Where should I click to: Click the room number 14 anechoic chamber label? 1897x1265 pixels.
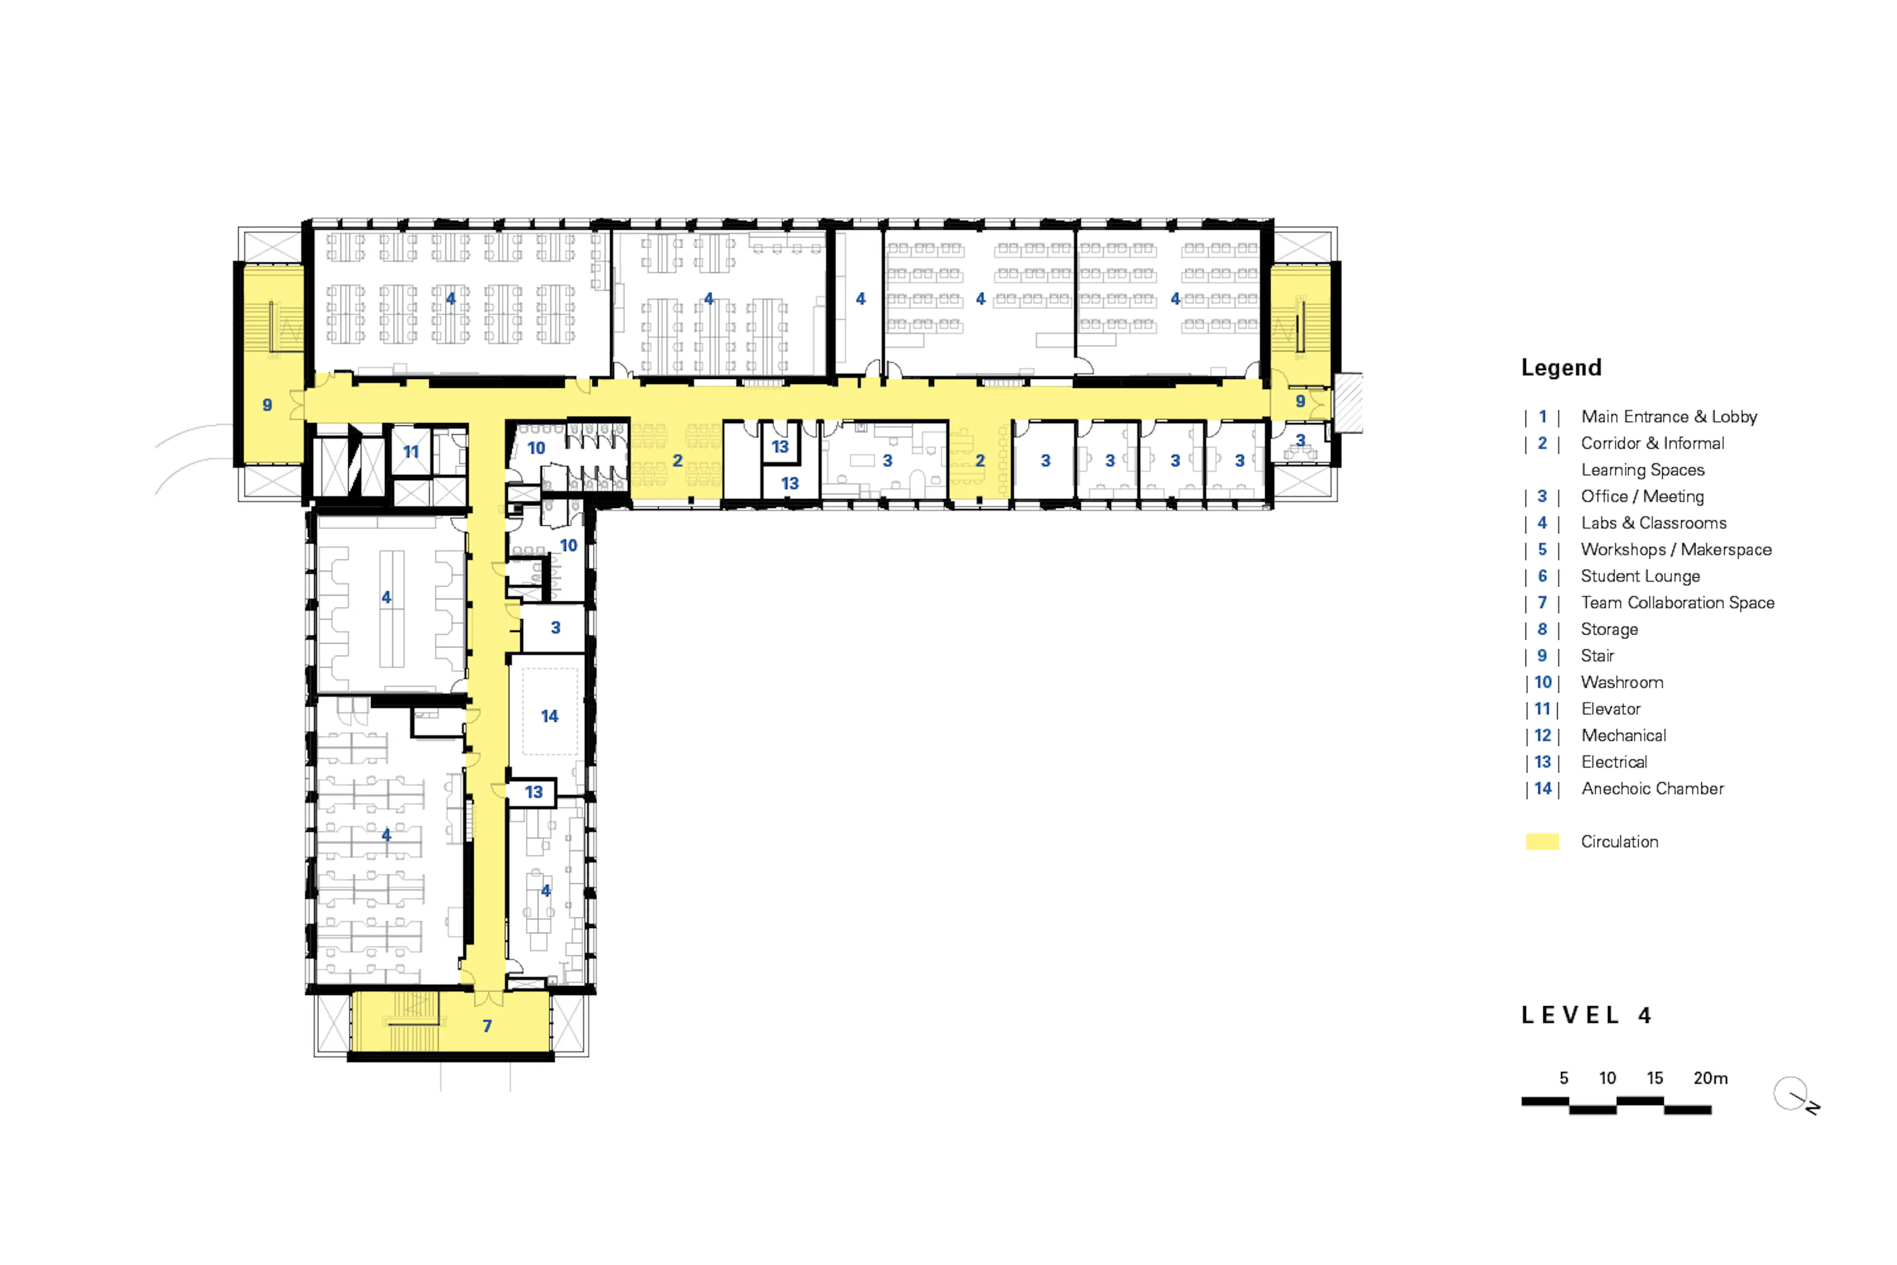pos(549,717)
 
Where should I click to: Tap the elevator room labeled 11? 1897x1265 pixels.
pos(412,452)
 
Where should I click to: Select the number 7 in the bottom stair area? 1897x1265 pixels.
pos(487,1026)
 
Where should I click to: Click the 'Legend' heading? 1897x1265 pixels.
pos(1561,368)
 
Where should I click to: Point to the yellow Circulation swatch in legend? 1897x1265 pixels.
pos(1542,842)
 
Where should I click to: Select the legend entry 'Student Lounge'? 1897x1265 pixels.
pos(1640,576)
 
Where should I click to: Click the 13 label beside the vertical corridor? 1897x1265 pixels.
pos(534,792)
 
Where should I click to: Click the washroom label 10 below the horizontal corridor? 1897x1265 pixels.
pos(536,448)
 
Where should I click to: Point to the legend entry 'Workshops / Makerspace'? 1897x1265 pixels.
pos(1676,549)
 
